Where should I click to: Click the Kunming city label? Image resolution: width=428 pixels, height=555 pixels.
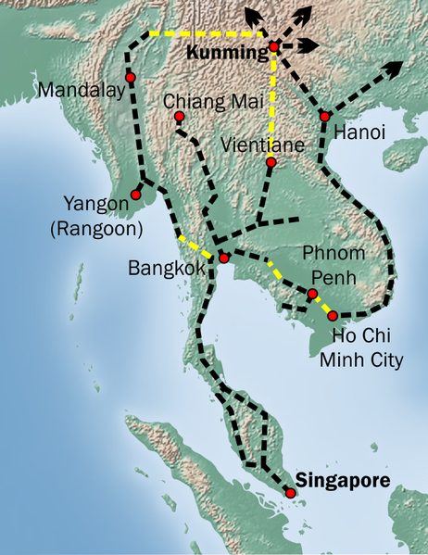pyautogui.click(x=227, y=54)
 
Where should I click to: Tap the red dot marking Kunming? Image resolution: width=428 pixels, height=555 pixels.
pyautogui.click(x=273, y=47)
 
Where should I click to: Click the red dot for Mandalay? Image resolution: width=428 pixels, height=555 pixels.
pyautogui.click(x=131, y=77)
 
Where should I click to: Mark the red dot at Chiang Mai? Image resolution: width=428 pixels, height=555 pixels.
pyautogui.click(x=179, y=117)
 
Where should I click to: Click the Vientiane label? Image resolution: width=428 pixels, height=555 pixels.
pyautogui.click(x=261, y=145)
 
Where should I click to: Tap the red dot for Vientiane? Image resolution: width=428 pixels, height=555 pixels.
pyautogui.click(x=271, y=163)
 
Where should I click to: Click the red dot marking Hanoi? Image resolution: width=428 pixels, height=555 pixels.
pyautogui.click(x=325, y=117)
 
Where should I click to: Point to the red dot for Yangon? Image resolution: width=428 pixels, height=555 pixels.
pyautogui.click(x=136, y=196)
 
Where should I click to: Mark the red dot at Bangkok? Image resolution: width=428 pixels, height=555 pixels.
pyautogui.click(x=223, y=259)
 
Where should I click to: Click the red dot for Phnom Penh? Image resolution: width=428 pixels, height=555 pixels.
pyautogui.click(x=312, y=295)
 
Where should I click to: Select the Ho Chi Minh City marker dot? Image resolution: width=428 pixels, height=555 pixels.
pyautogui.click(x=334, y=316)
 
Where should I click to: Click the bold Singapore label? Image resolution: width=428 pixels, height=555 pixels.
pyautogui.click(x=344, y=479)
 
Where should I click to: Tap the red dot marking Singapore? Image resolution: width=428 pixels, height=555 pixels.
pyautogui.click(x=291, y=494)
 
